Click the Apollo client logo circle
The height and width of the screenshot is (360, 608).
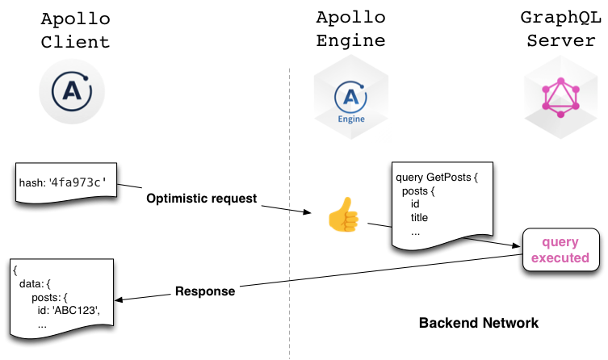pos(72,90)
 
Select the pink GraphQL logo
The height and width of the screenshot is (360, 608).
pos(560,96)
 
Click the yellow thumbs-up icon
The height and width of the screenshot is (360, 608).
pos(344,217)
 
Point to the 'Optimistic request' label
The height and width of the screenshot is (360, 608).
pos(202,198)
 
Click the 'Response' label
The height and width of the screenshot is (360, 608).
pos(204,291)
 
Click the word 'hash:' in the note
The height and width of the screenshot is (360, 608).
pos(32,183)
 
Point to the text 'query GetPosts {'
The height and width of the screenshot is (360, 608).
pos(437,177)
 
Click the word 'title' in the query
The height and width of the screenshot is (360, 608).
pos(419,217)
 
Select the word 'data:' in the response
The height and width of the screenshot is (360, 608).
pos(36,283)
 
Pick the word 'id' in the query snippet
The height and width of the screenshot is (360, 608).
pos(415,204)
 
